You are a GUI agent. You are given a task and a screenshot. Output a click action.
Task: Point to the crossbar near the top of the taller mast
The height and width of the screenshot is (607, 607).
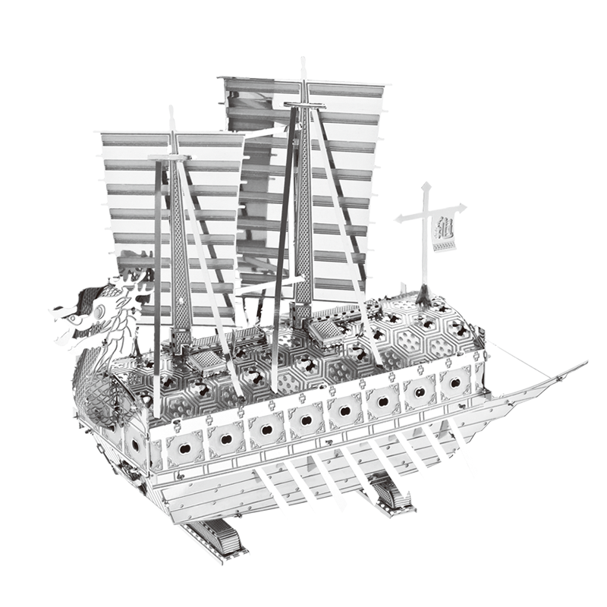coord(305,105)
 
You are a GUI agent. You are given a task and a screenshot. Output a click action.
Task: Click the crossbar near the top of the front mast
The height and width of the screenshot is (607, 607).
coord(170,157)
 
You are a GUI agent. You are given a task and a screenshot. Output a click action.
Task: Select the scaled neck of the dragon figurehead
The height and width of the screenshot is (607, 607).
coord(114,341)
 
